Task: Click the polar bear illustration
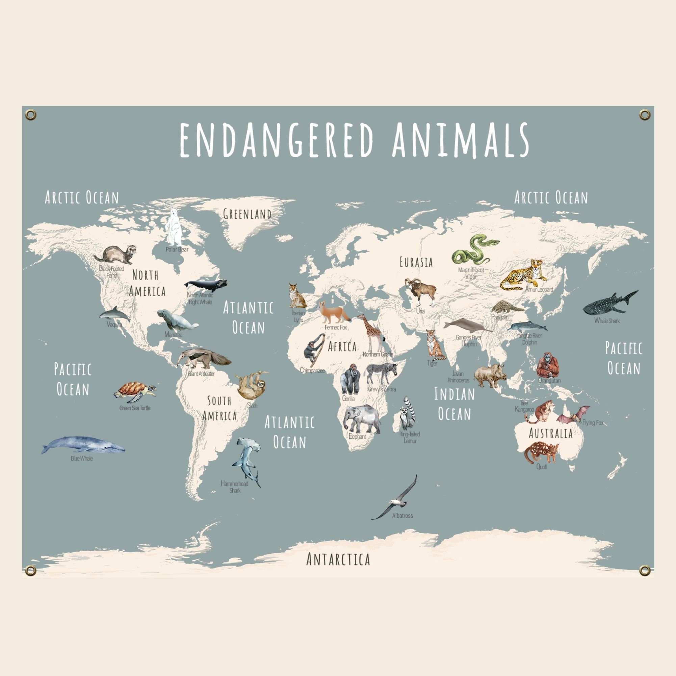tap(174, 228)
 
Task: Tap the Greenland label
tap(247, 214)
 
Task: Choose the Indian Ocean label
tap(454, 404)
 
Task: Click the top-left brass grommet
tap(31, 115)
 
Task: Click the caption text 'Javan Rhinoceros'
tap(458, 377)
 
